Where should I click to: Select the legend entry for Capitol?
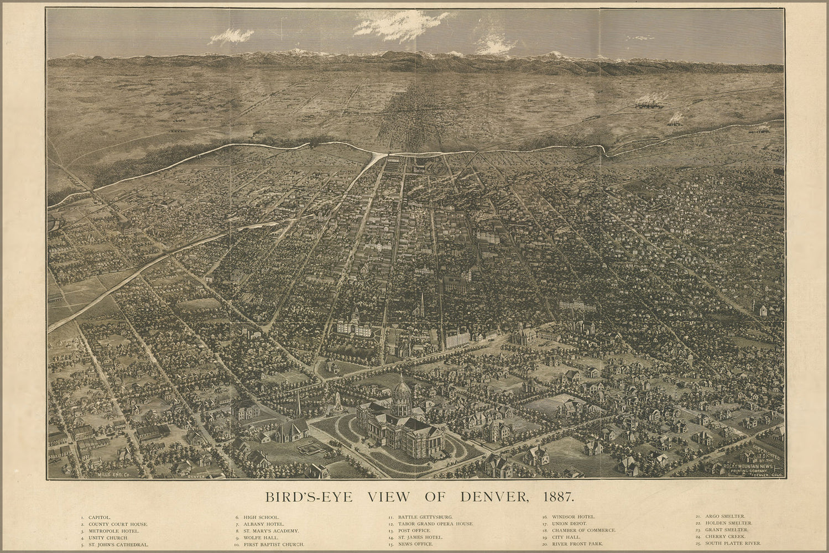pyautogui.click(x=99, y=517)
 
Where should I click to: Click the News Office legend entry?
pyautogui.click(x=419, y=544)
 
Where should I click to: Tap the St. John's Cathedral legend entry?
pyautogui.click(x=118, y=544)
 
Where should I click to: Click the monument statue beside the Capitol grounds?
pyautogui.click(x=335, y=403)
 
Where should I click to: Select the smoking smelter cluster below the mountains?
pyautogui.click(x=650, y=103)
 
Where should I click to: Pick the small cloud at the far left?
pyautogui.click(x=231, y=36)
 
